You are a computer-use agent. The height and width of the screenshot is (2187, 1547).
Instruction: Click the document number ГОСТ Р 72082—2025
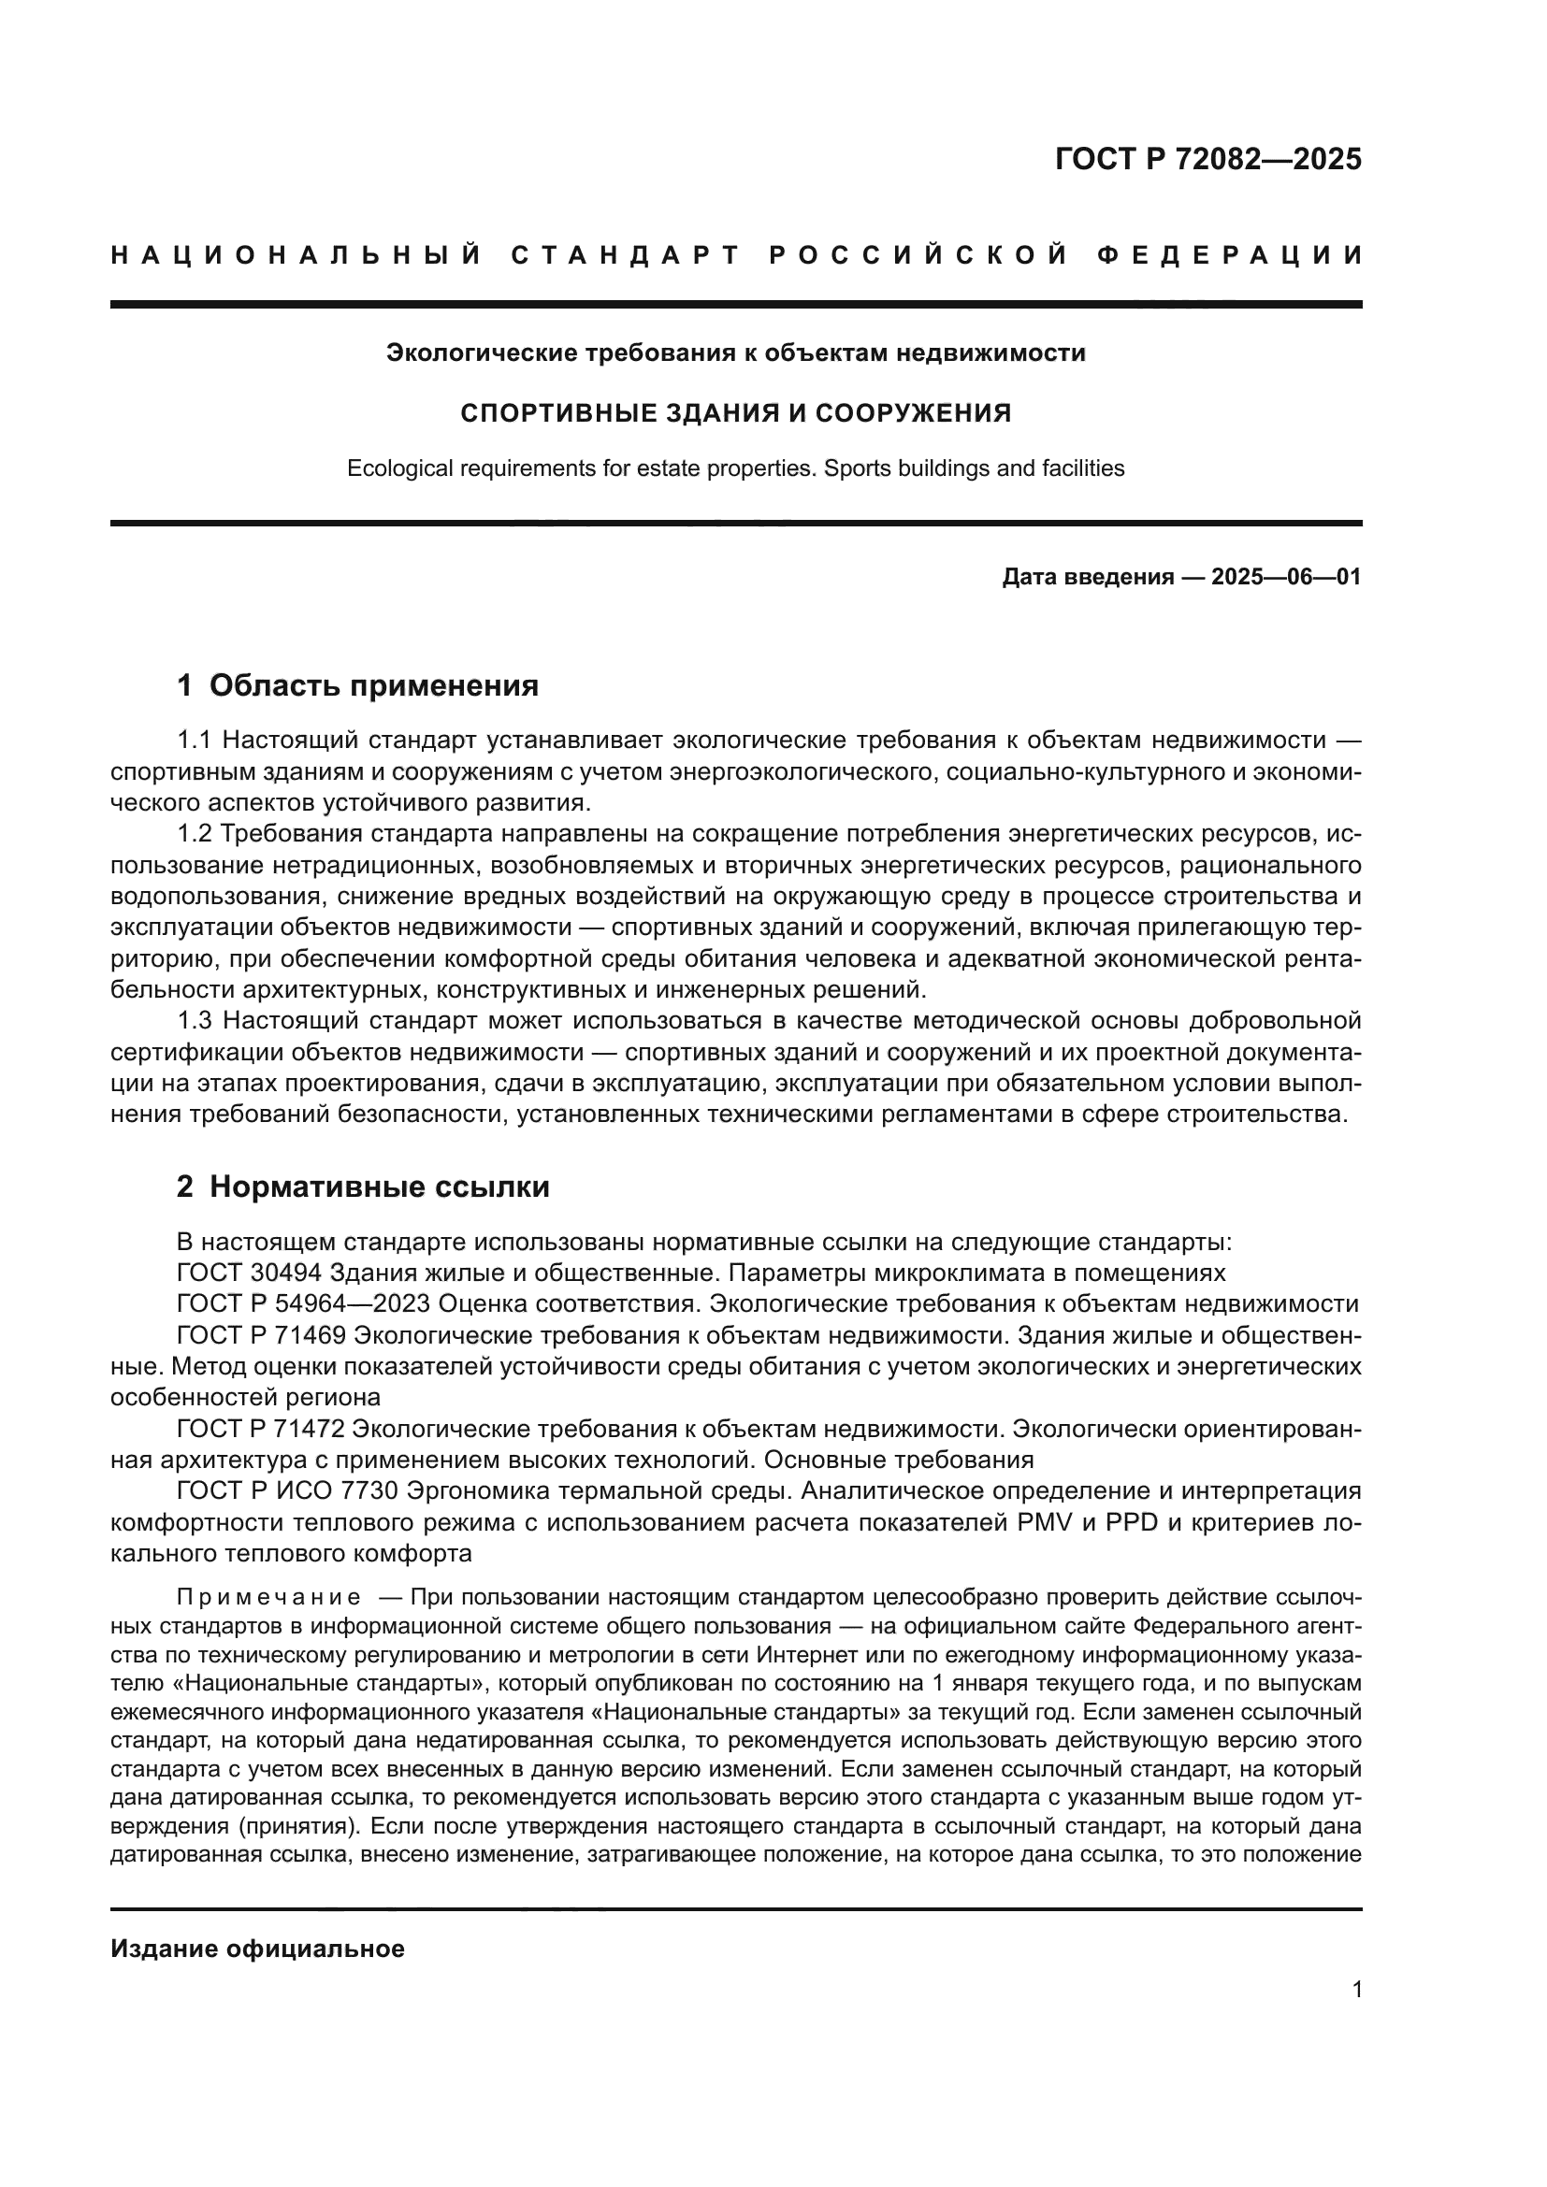[x=1207, y=159]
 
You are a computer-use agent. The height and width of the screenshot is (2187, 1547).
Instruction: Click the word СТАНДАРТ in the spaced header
[x=626, y=255]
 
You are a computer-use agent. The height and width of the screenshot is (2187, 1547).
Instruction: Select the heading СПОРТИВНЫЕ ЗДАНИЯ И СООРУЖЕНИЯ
[x=735, y=413]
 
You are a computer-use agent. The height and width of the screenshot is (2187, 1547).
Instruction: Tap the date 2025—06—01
[x=1286, y=577]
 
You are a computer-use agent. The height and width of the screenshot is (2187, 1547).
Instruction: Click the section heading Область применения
[x=373, y=685]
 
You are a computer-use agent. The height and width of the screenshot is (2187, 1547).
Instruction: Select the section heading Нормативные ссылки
[x=379, y=1187]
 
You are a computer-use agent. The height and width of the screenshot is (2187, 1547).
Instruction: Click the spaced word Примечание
[x=268, y=1597]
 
